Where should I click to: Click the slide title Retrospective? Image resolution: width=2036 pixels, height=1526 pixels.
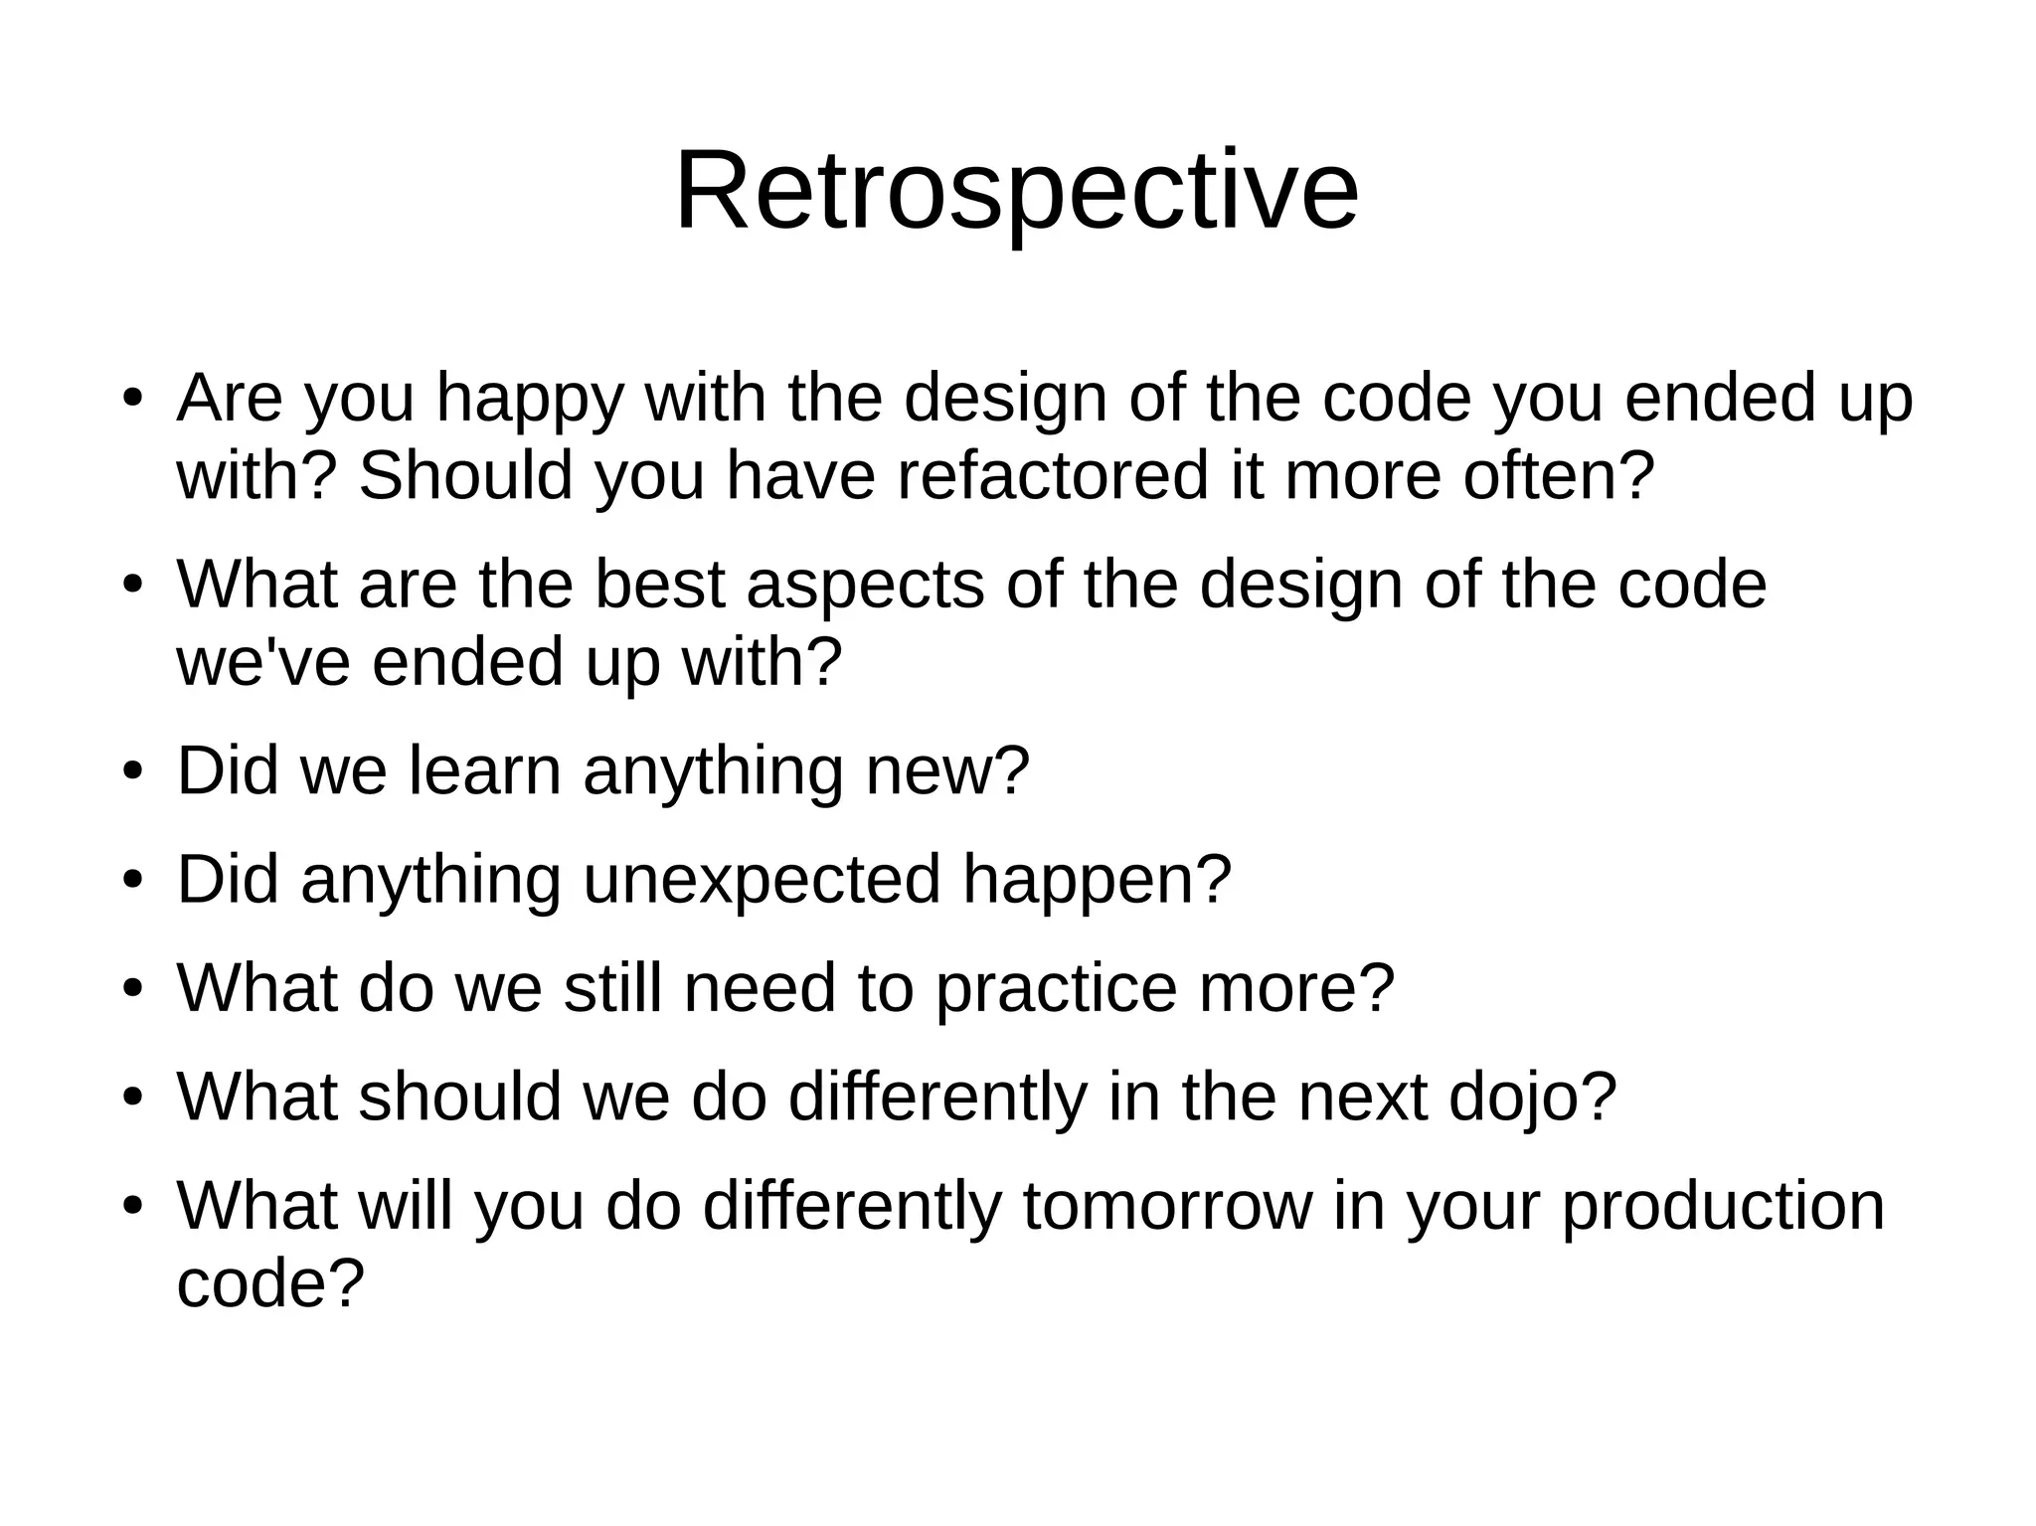point(1016,191)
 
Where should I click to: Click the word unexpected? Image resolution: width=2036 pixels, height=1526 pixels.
point(762,880)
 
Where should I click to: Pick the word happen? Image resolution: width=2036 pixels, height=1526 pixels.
point(1097,882)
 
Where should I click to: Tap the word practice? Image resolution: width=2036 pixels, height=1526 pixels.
point(1056,989)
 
